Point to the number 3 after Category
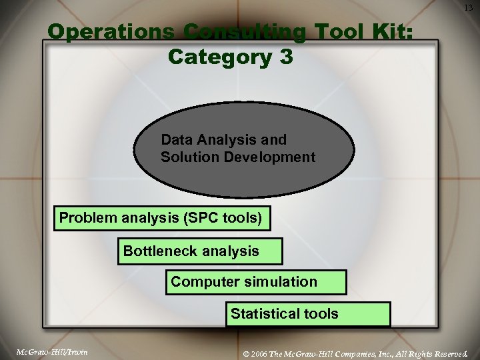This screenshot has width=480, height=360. click(x=285, y=57)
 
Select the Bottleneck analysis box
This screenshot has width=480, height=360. click(x=200, y=251)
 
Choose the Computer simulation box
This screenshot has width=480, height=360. click(x=256, y=282)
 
